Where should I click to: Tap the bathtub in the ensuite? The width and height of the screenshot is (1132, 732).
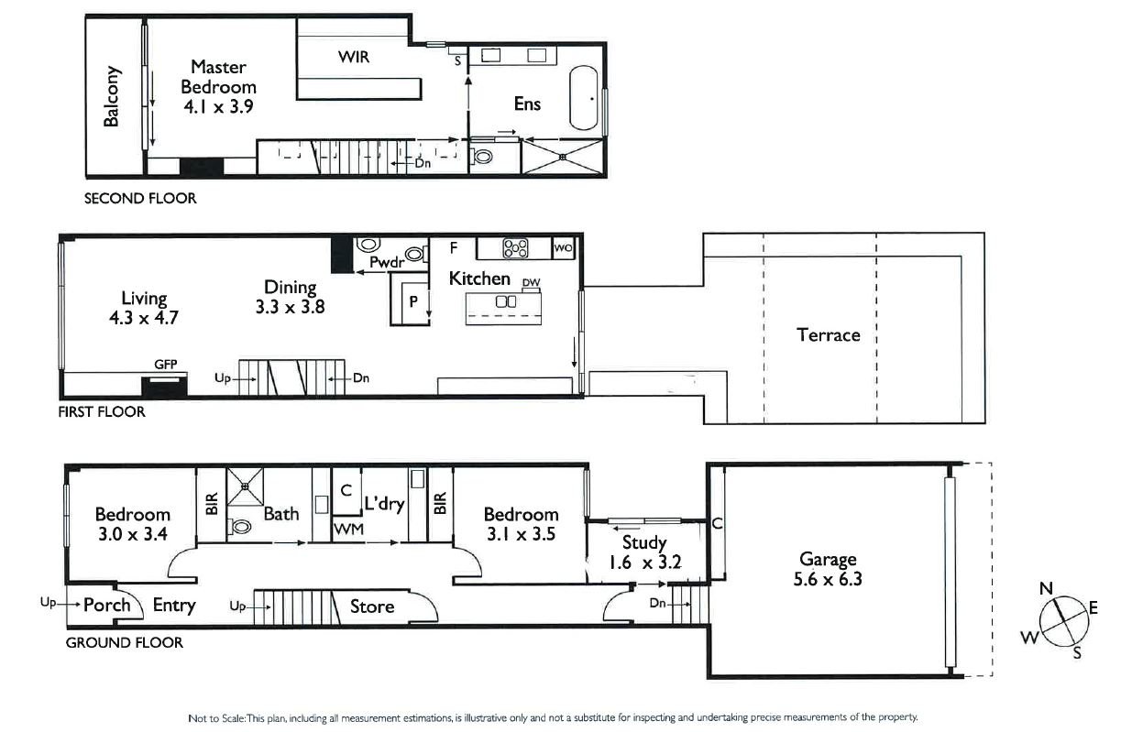coord(583,97)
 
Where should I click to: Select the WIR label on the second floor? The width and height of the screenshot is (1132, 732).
coord(354,57)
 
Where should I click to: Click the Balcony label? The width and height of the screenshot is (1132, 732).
coord(111,96)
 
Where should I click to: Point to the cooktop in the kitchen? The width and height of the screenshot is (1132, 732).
coord(516,247)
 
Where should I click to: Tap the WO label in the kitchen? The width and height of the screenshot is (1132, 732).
coord(563,247)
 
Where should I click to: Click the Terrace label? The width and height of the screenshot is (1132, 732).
coord(828,334)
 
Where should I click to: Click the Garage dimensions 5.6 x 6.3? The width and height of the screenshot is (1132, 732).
coord(828,579)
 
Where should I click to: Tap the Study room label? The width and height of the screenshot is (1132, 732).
coord(643,542)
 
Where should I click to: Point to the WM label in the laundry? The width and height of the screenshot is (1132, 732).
coord(346,530)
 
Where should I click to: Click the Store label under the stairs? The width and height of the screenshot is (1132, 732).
coord(372,606)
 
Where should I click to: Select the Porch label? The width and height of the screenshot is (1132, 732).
coord(106,605)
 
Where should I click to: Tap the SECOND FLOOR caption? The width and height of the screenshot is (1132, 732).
coord(139,198)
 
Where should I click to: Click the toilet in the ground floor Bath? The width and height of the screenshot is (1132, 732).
coord(240,526)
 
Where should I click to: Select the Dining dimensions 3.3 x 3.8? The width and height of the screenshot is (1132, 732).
coord(290,308)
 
